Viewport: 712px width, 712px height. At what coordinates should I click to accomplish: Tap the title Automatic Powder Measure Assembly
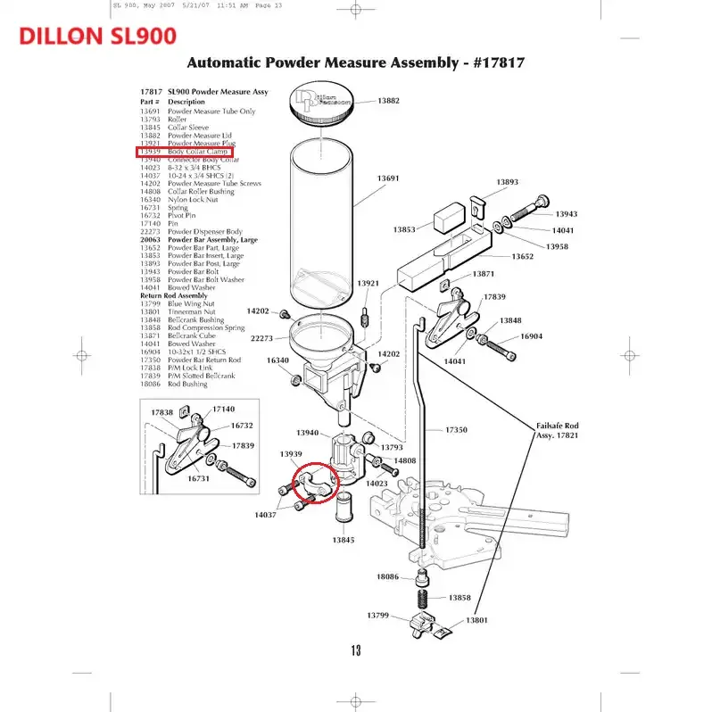(x=353, y=63)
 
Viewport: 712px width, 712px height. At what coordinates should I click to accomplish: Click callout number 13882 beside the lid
(x=388, y=101)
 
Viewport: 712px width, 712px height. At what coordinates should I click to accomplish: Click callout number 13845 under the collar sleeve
(x=344, y=540)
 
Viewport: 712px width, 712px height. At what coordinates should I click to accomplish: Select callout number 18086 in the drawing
(x=387, y=577)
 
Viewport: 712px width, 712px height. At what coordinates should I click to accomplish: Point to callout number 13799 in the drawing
(x=380, y=616)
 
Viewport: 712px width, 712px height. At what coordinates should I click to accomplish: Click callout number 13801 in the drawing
(x=477, y=620)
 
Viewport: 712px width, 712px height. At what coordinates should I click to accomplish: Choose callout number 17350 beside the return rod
(x=456, y=430)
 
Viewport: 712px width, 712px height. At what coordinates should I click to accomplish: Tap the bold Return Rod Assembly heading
(x=173, y=295)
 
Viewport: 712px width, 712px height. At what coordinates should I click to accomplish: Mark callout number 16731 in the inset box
(x=198, y=478)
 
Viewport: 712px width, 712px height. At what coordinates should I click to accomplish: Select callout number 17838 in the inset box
(x=161, y=412)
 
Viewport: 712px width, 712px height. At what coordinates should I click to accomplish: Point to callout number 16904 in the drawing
(x=531, y=336)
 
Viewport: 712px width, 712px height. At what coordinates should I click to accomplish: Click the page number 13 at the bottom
(x=355, y=650)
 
